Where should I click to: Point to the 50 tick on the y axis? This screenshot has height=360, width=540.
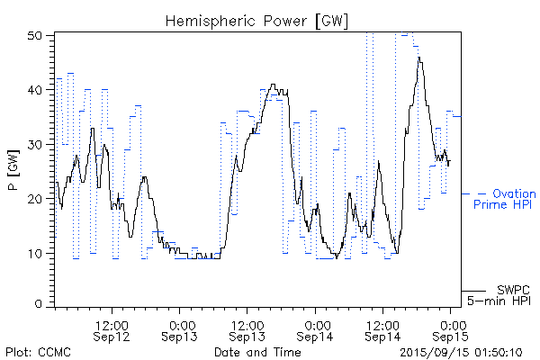pyautogui.click(x=37, y=35)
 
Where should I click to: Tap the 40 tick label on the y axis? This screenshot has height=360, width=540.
pyautogui.click(x=37, y=90)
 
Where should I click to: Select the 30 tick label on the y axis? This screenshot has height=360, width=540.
pyautogui.click(x=37, y=144)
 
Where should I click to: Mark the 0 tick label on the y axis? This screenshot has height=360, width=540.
pyautogui.click(x=40, y=305)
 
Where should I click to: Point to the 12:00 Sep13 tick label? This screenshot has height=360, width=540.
pyautogui.click(x=249, y=329)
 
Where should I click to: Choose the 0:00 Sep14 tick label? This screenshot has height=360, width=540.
pyautogui.click(x=317, y=329)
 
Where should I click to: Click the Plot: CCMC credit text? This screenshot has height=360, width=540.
pyautogui.click(x=33, y=352)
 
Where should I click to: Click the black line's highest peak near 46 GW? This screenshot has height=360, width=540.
pyautogui.click(x=418, y=58)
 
